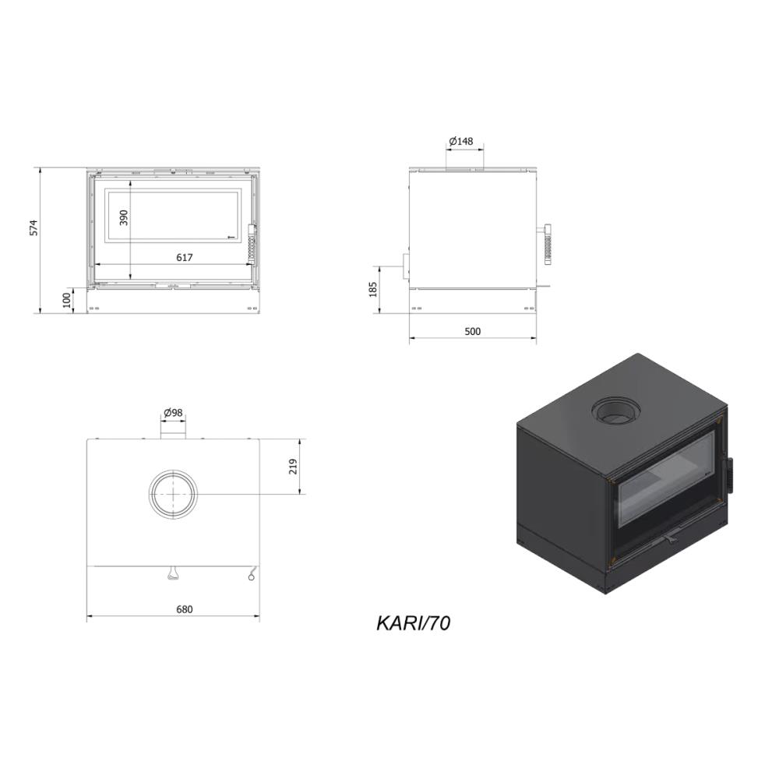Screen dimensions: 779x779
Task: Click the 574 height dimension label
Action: [x=33, y=227]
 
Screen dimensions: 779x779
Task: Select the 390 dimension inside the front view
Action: [x=124, y=217]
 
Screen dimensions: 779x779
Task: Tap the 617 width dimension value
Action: [x=185, y=257]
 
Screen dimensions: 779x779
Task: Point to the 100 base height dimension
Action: [x=67, y=300]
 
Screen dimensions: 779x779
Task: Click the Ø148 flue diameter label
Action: [x=460, y=141]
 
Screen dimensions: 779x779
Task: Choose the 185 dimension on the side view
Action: [x=373, y=289]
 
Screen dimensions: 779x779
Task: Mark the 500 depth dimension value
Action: [x=473, y=331]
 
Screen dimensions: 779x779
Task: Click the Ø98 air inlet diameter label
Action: [x=173, y=412]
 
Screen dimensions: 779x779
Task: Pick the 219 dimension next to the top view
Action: [x=293, y=466]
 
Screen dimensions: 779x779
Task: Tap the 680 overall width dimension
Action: [x=185, y=609]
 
